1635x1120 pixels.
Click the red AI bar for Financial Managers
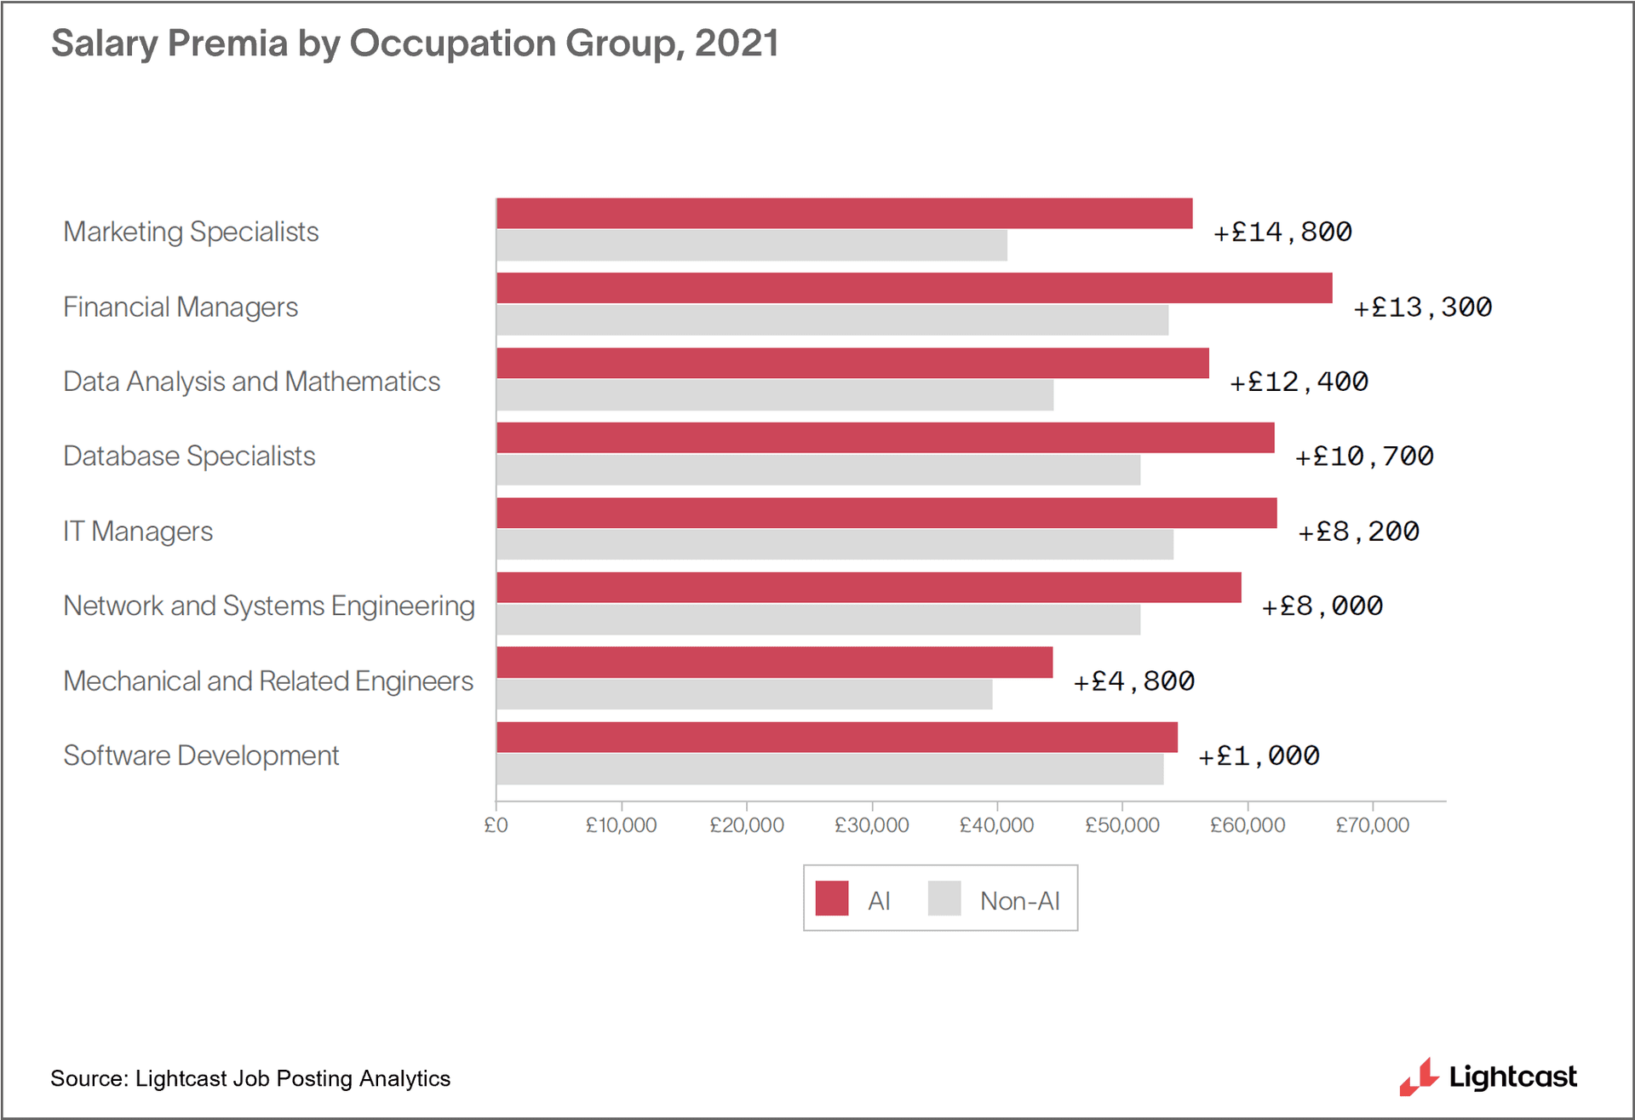(x=914, y=288)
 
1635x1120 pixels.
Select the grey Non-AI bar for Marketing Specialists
(x=751, y=245)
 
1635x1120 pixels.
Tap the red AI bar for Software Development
(x=836, y=737)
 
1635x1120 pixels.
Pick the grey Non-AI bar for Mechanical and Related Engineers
(x=743, y=694)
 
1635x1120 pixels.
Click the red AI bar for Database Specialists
(x=885, y=438)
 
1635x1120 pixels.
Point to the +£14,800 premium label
(x=1282, y=232)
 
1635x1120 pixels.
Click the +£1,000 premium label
(x=1259, y=755)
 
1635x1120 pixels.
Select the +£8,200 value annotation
(x=1358, y=531)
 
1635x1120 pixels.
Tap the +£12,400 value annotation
(x=1299, y=382)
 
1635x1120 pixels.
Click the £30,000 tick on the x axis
(x=871, y=824)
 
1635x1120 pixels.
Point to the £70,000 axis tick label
(x=1372, y=824)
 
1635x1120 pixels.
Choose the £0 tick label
(x=496, y=824)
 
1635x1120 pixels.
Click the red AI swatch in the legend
(x=831, y=899)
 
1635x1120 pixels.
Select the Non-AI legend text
(x=1019, y=900)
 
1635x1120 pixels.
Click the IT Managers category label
(x=138, y=531)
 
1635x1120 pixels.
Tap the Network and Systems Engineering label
(x=269, y=606)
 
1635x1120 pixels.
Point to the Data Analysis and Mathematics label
(x=251, y=382)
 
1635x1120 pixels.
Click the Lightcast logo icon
(x=1419, y=1077)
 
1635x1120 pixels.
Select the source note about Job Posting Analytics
(x=250, y=1078)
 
